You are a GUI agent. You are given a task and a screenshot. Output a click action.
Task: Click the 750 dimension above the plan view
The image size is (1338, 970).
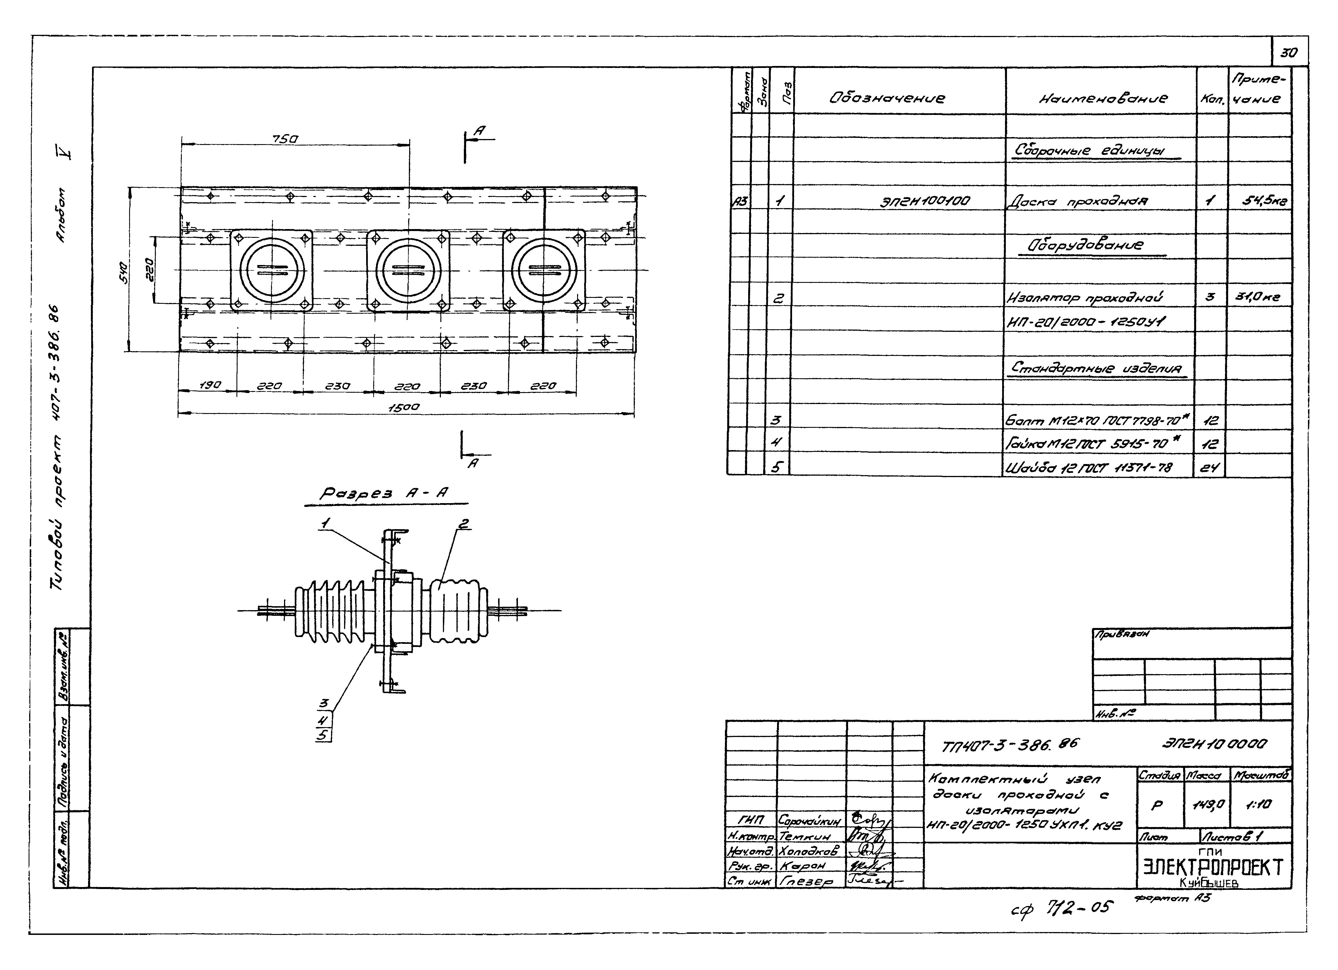tap(285, 139)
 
